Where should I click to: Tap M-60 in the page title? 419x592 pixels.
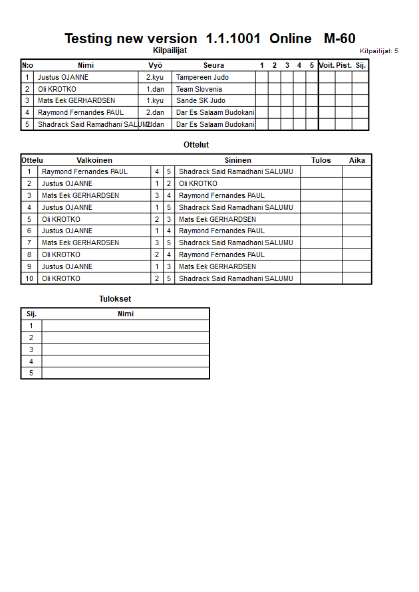coord(339,39)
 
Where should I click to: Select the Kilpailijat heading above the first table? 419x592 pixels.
coord(170,50)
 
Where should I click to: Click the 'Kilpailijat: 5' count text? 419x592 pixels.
coord(379,50)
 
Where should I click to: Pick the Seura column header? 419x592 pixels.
coord(213,65)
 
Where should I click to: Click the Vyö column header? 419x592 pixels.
coord(155,65)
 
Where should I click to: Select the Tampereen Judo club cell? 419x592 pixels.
coord(202,77)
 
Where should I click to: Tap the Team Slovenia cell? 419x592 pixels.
coord(199,89)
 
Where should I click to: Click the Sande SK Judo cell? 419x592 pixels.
coord(200,101)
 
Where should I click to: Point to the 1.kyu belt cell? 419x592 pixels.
coord(155,101)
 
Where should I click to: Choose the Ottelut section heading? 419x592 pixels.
coord(196,145)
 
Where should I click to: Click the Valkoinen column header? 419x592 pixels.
coord(94,160)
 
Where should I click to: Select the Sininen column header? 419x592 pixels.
coord(237,160)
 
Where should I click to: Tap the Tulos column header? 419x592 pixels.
coord(321,160)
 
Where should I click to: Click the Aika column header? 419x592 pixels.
coord(357,160)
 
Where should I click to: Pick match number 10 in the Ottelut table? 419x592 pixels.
coord(29,278)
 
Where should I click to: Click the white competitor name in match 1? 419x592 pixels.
coord(85,171)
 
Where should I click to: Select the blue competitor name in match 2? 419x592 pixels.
coord(198,183)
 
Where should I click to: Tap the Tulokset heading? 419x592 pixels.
coord(115,299)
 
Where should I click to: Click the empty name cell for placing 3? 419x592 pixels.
coord(126,349)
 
